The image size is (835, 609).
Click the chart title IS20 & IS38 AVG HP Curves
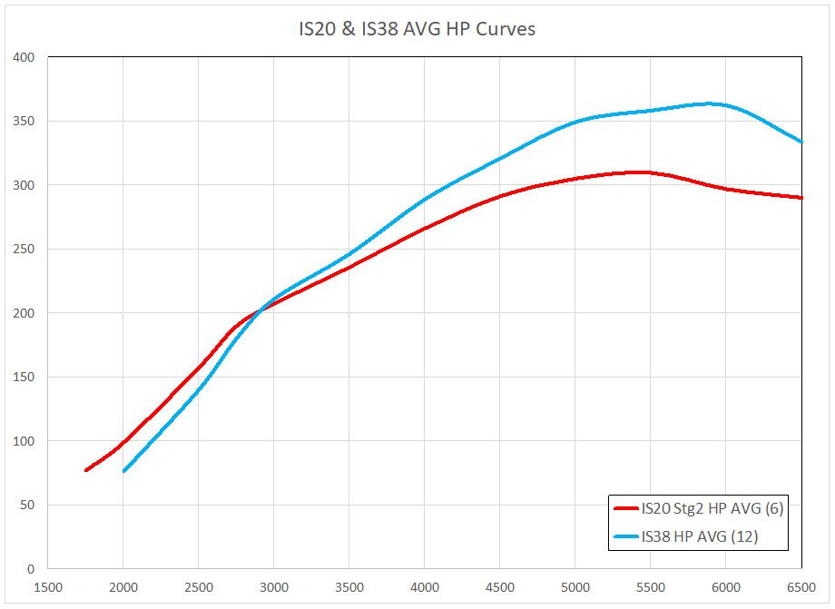(x=417, y=29)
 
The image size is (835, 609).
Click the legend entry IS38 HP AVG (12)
(x=699, y=536)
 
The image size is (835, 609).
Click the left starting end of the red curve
(x=86, y=470)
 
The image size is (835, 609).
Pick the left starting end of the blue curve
(x=123, y=471)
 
